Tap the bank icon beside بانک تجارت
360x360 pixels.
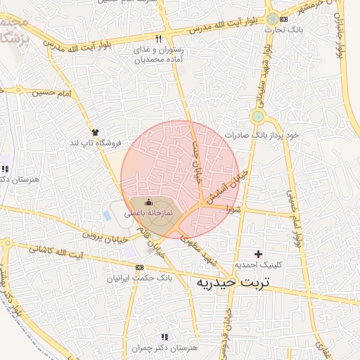click(x=283, y=19)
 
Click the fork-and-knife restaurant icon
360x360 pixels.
click(x=159, y=38)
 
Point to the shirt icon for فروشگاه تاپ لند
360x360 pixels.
click(x=94, y=131)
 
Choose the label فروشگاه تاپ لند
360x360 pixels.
click(x=95, y=143)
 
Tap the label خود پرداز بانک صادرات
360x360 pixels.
click(x=262, y=134)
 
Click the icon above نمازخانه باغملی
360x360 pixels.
click(x=148, y=202)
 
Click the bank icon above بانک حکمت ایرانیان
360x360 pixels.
click(x=139, y=267)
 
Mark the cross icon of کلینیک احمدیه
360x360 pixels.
click(x=259, y=254)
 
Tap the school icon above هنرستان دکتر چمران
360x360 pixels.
click(x=165, y=337)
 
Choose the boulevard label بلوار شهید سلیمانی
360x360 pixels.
click(x=266, y=69)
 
